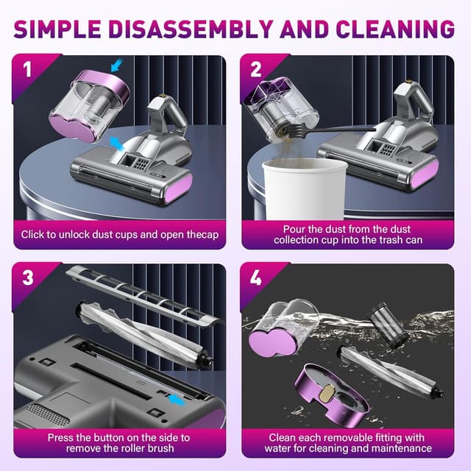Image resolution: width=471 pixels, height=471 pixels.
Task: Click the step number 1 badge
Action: click(x=27, y=69)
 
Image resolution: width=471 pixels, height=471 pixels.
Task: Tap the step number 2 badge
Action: click(x=255, y=69)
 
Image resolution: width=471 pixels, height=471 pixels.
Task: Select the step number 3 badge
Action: click(x=28, y=277)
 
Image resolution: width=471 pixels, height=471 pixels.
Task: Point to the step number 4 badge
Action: click(x=255, y=277)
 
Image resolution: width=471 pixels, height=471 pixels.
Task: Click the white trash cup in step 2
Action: click(x=305, y=189)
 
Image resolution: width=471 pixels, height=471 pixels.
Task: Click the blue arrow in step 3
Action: click(x=177, y=400)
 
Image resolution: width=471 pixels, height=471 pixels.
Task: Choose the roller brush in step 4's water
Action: click(x=391, y=372)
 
